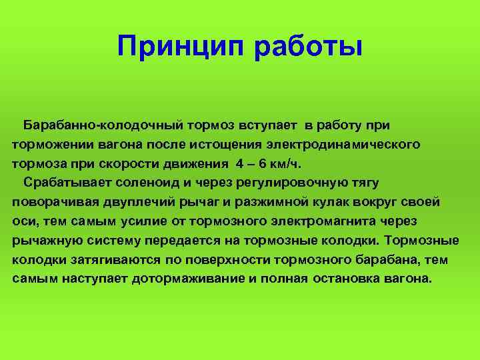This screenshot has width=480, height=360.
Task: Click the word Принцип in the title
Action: (x=181, y=47)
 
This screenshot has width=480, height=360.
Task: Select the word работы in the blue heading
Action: (x=308, y=46)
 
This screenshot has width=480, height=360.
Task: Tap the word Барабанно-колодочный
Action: (x=103, y=126)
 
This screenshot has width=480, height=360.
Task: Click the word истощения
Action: (x=225, y=145)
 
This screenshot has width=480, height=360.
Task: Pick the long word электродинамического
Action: (x=343, y=145)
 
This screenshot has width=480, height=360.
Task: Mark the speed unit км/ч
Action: (x=285, y=164)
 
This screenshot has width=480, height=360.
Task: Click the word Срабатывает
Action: (x=67, y=183)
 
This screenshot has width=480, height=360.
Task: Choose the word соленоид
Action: (x=147, y=183)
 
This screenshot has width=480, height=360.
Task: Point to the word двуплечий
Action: (x=139, y=203)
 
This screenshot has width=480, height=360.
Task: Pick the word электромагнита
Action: (x=323, y=221)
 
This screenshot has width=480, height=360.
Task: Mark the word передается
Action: (x=183, y=241)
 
